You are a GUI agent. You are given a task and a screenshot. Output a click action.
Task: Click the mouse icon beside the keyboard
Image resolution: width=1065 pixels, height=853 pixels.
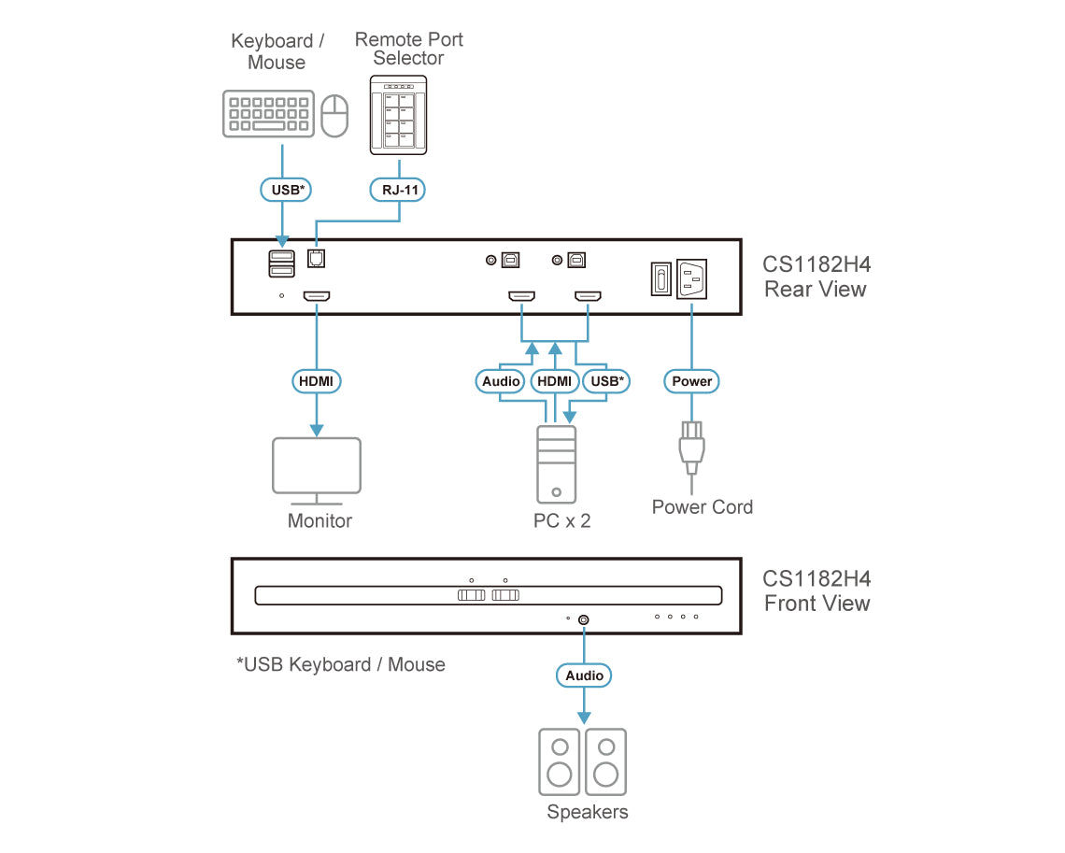[334, 115]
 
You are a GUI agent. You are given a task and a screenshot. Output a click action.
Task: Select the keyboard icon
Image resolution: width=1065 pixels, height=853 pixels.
[267, 114]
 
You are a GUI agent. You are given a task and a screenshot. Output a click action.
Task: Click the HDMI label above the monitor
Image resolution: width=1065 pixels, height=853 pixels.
[316, 381]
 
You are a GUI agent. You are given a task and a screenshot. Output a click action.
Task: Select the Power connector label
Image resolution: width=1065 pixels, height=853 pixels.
[691, 381]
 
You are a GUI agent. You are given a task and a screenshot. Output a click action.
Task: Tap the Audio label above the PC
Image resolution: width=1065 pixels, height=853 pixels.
[502, 381]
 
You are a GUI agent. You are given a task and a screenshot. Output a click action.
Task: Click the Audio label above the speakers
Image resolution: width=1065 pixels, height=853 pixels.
[585, 675]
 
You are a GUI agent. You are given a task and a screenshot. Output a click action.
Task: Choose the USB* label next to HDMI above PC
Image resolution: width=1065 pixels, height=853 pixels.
[606, 381]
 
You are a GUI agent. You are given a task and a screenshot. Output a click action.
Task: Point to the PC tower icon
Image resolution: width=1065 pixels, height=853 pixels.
[556, 464]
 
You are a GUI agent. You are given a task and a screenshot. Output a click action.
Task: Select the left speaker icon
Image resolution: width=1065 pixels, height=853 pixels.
[559, 761]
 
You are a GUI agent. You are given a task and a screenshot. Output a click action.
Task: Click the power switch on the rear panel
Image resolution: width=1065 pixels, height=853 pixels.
[660, 278]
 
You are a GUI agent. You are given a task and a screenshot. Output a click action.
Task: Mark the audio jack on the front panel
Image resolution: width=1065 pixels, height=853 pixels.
[585, 618]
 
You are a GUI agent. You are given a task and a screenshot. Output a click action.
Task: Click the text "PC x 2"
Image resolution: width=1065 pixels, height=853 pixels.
[561, 521]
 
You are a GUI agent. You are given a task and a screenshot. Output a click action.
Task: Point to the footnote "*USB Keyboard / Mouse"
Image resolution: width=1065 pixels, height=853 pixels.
[340, 665]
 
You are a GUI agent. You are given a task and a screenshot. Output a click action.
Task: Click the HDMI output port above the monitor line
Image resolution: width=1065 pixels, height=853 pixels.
[316, 297]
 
